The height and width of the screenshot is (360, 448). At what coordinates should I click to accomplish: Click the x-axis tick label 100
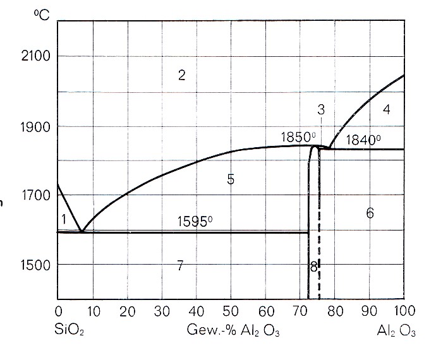tap(403, 311)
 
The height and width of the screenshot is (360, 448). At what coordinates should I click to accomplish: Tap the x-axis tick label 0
tap(58, 311)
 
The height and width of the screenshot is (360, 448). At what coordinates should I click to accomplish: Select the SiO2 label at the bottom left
tap(71, 331)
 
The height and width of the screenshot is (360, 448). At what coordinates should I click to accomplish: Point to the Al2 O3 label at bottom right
tap(397, 331)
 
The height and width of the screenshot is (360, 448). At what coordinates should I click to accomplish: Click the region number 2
tap(181, 76)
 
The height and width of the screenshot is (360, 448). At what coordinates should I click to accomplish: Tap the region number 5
tap(231, 179)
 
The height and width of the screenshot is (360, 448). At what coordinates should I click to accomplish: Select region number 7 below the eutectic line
tap(180, 266)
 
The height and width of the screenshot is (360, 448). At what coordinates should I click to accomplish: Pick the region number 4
tap(386, 109)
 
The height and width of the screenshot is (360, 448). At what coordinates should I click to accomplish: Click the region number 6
tap(370, 213)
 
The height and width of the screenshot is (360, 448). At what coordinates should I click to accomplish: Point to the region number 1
tap(64, 219)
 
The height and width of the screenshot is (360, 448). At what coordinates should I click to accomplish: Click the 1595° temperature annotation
tap(195, 222)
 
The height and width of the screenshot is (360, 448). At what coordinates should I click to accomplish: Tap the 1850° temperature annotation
tap(298, 137)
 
